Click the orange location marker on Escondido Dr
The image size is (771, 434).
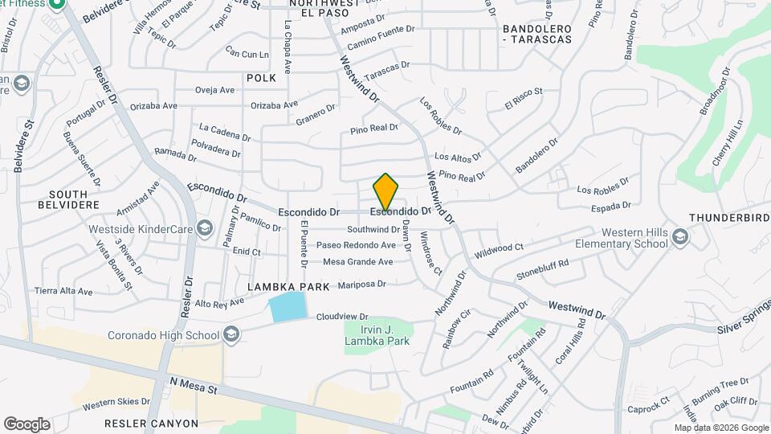tap(386, 192)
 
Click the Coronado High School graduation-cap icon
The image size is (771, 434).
tap(231, 334)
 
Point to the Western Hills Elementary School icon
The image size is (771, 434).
tap(680, 237)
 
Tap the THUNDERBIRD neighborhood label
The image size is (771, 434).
tap(728, 218)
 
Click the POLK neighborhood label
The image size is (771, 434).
tap(261, 78)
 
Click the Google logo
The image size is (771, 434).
tap(27, 424)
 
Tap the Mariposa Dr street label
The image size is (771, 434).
tap(362, 284)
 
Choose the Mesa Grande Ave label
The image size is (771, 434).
tap(357, 261)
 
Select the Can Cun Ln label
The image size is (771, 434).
tap(247, 53)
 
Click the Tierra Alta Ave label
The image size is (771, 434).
tap(63, 291)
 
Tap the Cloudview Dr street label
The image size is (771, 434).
tap(341, 317)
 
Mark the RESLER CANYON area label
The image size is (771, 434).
tap(151, 423)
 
